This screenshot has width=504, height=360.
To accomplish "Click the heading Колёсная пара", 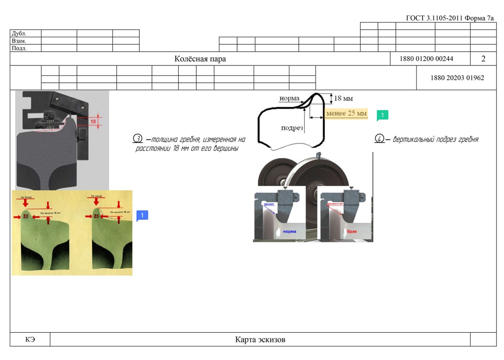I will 200,59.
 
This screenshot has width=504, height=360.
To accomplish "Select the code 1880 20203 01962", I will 457,78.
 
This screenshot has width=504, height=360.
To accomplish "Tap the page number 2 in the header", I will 483,59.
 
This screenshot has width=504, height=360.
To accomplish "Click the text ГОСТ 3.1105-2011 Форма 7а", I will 450,18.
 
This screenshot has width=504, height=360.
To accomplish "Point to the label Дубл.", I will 19,33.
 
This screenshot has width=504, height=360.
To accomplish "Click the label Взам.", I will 19,41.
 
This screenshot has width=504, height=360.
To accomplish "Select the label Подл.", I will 19,48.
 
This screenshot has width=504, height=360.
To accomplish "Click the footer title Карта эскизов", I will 260,339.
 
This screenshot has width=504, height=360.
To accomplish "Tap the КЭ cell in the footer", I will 30,339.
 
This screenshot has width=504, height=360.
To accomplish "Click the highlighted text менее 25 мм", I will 346,113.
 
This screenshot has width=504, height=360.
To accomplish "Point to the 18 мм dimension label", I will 343,98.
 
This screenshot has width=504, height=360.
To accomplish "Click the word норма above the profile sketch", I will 289,98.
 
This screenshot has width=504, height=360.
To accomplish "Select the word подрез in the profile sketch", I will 292,128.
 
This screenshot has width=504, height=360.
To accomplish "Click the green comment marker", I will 382,115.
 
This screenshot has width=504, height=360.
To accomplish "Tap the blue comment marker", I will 142,215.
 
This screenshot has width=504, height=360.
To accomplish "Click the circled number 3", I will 138,139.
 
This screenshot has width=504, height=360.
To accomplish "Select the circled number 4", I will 379,139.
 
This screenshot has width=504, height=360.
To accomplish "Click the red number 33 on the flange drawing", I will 25,216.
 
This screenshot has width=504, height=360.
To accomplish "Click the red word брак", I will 352,232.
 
